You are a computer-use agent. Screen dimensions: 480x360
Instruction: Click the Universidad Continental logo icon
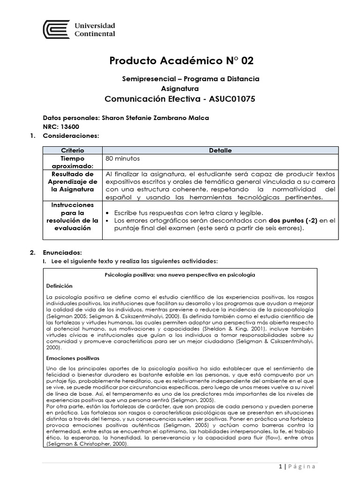[x=56, y=30]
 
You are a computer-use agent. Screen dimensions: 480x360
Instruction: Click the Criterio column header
[x=73, y=150]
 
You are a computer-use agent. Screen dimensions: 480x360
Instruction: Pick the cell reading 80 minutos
[x=123, y=158]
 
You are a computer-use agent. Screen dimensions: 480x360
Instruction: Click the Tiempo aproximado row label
[x=73, y=163]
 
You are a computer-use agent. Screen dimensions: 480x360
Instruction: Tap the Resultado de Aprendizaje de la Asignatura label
[x=73, y=181]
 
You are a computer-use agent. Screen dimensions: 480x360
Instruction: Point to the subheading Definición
[x=60, y=285]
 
